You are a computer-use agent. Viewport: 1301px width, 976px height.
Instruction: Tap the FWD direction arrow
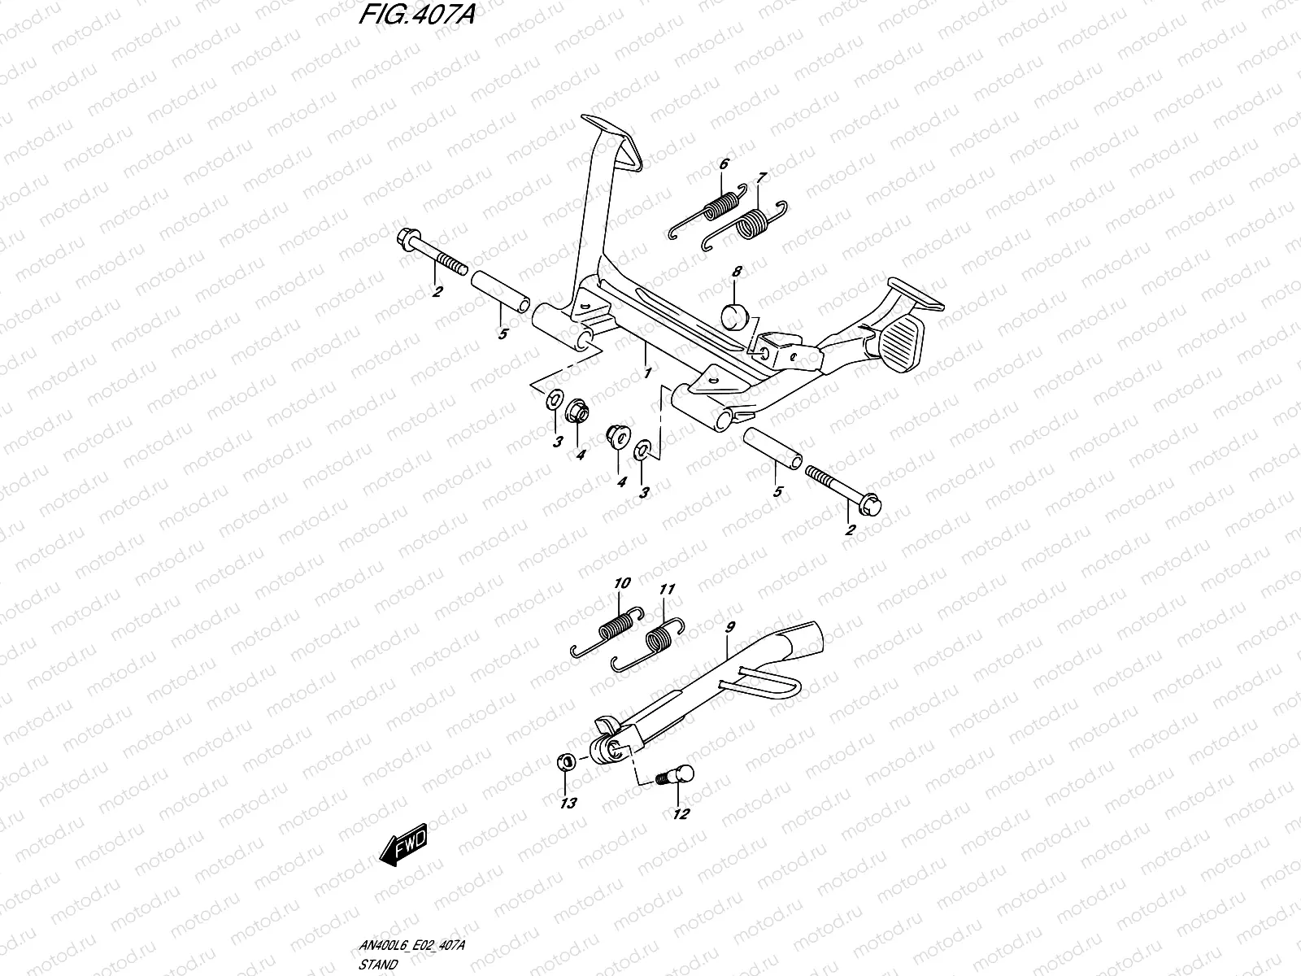pos(402,850)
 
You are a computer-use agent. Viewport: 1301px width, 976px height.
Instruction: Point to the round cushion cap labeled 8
pos(735,315)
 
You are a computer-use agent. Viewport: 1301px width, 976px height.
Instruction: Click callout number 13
pos(568,804)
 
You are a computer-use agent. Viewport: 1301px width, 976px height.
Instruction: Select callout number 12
pos(681,813)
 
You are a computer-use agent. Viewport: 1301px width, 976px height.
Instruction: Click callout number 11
pos(668,589)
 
